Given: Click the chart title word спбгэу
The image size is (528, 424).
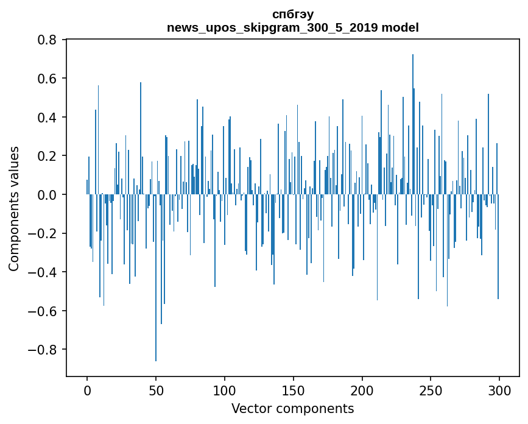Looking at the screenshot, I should point(292,14).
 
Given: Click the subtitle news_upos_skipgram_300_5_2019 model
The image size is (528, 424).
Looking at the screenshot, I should point(292,27).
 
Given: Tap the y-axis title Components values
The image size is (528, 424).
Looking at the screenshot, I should point(14,208).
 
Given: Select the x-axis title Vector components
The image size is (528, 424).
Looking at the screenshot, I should point(292,408).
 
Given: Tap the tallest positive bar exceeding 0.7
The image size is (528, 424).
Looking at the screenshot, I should point(413,122).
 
